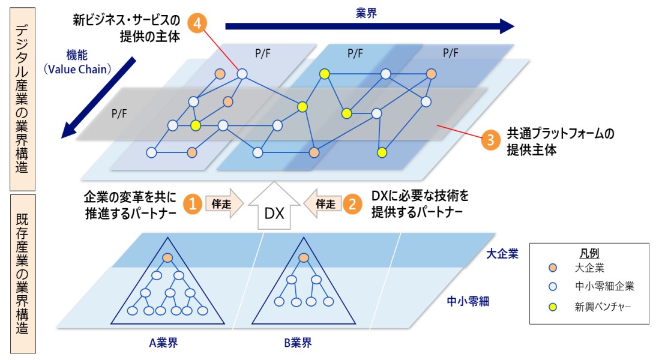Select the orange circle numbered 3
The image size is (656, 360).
tap(491, 140)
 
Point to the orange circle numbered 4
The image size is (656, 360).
tap(197, 24)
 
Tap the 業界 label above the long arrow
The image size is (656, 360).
tap(366, 13)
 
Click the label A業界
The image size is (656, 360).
tap(163, 344)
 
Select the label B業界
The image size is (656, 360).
tap(298, 344)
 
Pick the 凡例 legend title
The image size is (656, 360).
tap(590, 253)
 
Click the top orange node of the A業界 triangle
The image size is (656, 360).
tap(167, 257)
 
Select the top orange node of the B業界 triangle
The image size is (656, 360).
tap(303, 257)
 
